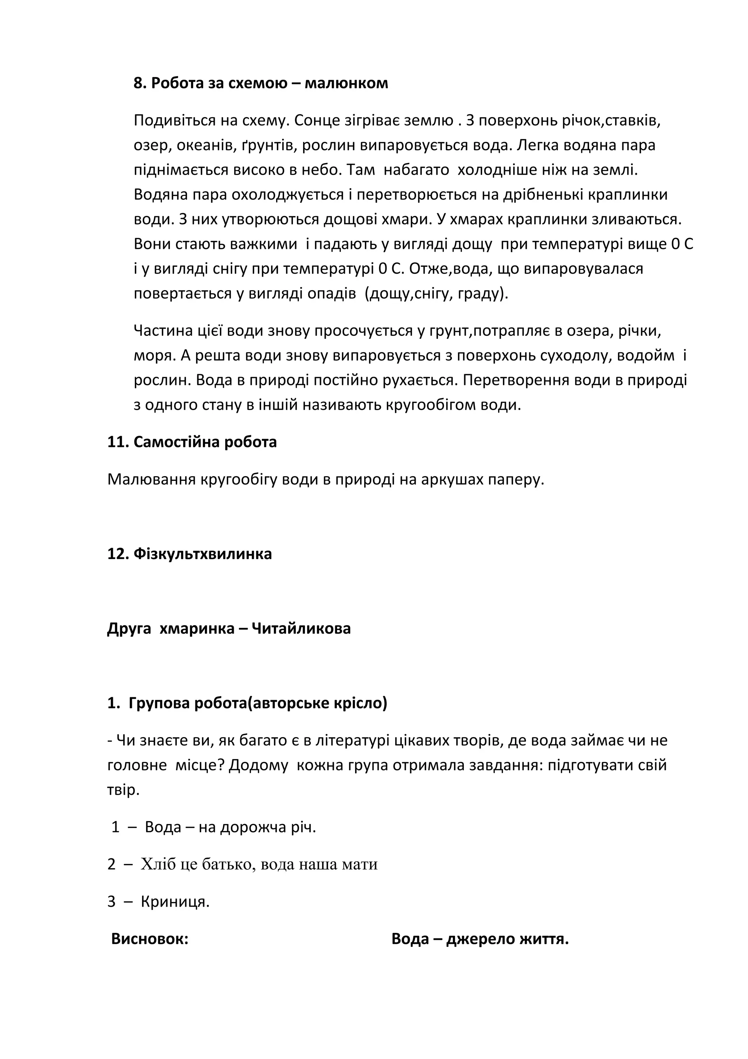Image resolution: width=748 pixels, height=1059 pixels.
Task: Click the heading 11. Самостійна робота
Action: (192, 442)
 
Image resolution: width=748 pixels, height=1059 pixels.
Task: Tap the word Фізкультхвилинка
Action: (202, 554)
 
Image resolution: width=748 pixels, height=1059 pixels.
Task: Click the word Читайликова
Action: (301, 628)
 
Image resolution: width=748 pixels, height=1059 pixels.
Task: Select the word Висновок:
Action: (150, 939)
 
